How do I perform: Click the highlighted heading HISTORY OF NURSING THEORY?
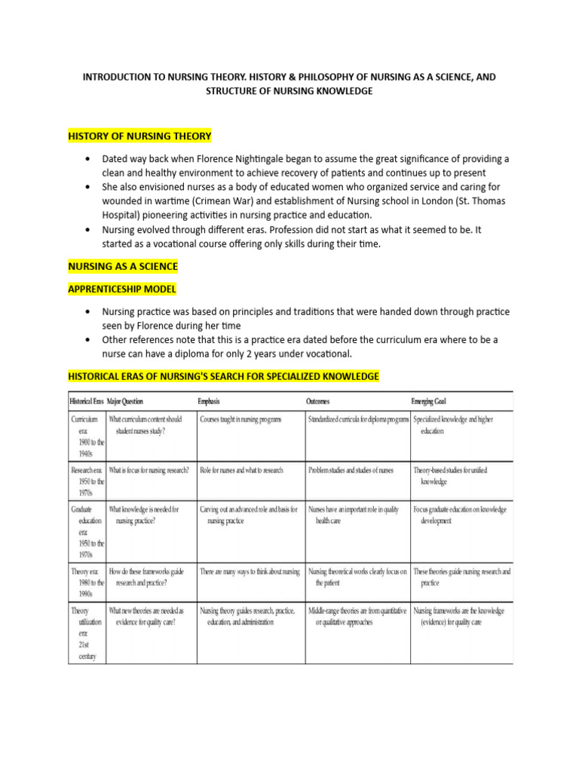(x=139, y=136)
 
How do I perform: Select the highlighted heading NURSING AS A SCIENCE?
(x=123, y=267)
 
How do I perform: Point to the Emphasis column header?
(x=209, y=401)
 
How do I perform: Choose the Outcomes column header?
(x=317, y=401)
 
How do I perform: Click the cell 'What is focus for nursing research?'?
(x=149, y=470)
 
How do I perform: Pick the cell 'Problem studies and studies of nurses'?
(x=351, y=470)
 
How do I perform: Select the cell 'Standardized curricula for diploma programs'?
(x=358, y=418)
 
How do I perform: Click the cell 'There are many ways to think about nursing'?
(x=250, y=571)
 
